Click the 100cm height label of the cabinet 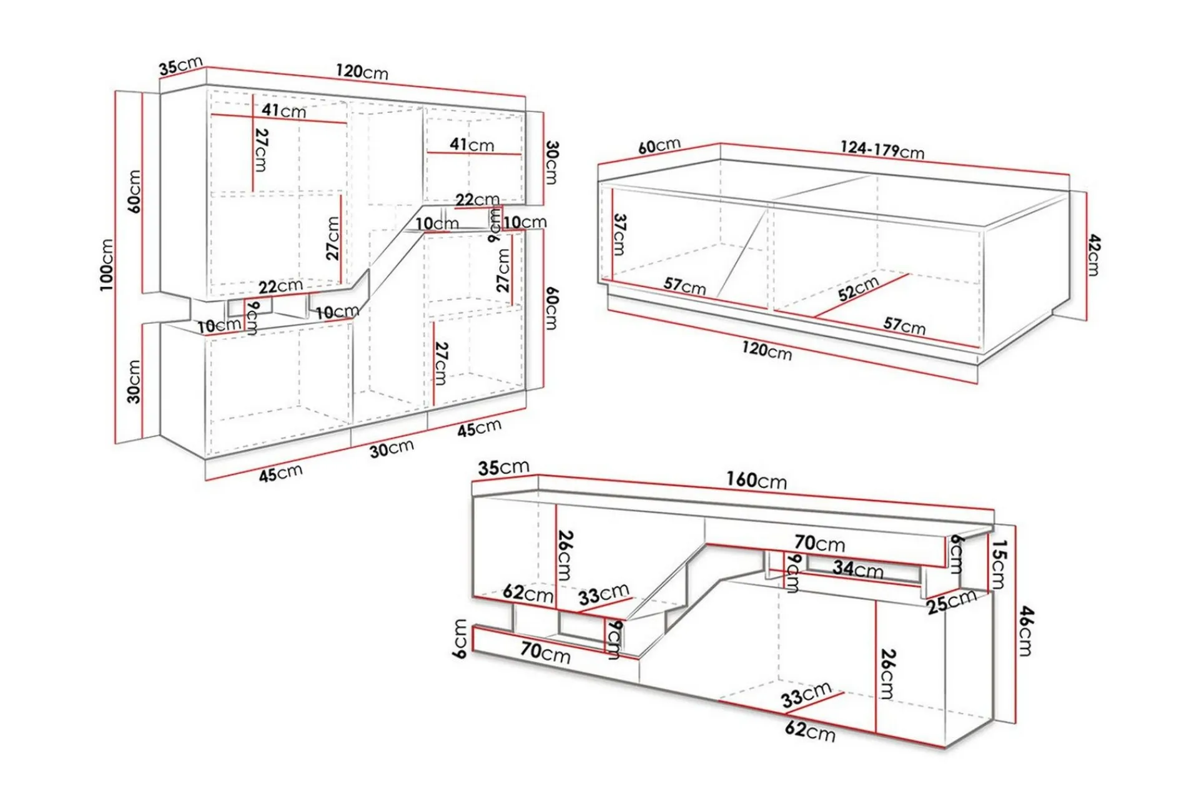tap(106, 265)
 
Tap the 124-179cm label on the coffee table tap(882, 150)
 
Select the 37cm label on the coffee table tap(619, 235)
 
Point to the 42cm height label tap(1093, 255)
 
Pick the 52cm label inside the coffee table tap(858, 288)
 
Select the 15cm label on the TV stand tap(999, 565)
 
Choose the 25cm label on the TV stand tap(951, 601)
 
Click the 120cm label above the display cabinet tap(362, 71)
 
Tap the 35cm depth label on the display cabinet tap(180, 66)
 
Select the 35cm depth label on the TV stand tap(503, 467)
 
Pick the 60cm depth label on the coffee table tap(659, 146)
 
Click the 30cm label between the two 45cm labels tap(392, 448)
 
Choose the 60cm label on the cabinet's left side tap(134, 192)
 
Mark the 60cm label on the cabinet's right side tap(552, 308)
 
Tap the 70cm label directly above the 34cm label tap(819, 543)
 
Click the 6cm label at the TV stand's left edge tap(460, 639)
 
